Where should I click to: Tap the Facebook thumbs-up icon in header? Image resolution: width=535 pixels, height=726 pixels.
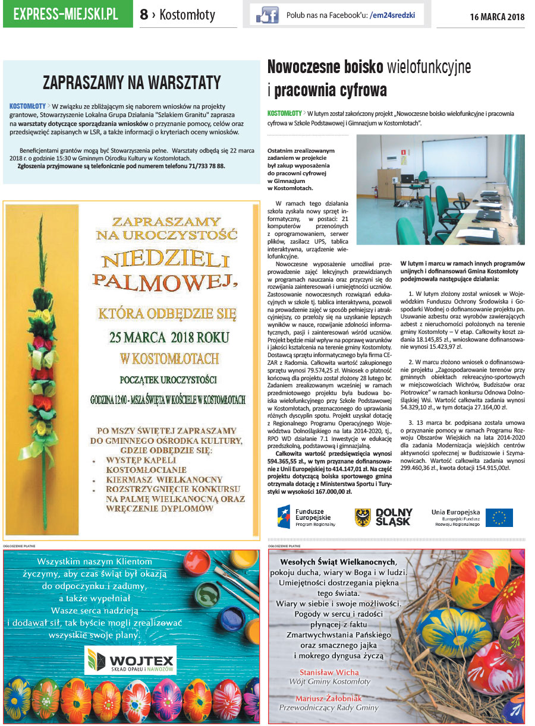264,15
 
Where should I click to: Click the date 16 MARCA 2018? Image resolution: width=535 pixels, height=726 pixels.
497,17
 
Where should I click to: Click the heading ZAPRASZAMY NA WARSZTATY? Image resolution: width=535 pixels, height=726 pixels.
131,82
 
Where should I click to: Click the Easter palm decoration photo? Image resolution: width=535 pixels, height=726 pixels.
42,368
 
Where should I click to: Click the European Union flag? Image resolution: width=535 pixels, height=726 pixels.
499,517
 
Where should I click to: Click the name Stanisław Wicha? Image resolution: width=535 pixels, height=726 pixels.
329,672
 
